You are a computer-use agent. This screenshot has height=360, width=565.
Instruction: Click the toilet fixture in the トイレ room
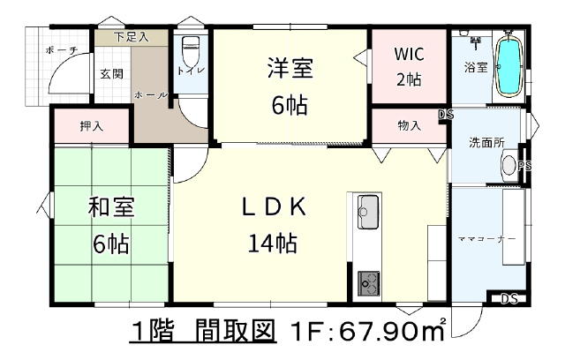click(x=190, y=50)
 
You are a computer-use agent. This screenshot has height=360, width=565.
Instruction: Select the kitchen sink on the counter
click(x=368, y=212)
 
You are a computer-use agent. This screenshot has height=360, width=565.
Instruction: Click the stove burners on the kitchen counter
click(x=368, y=283)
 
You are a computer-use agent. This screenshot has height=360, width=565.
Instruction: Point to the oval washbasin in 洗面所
click(x=508, y=165)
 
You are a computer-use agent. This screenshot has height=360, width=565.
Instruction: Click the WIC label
click(x=409, y=54)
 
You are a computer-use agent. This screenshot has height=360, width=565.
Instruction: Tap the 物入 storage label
click(x=409, y=125)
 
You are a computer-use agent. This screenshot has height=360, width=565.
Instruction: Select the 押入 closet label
click(x=92, y=126)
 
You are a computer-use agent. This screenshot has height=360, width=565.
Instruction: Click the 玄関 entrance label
click(x=112, y=74)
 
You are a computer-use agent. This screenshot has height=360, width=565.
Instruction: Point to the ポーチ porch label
click(x=62, y=50)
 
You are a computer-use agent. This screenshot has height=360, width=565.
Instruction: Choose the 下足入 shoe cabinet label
click(x=132, y=37)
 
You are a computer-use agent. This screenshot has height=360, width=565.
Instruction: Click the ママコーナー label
click(x=486, y=239)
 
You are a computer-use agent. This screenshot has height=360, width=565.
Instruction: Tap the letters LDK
click(x=274, y=207)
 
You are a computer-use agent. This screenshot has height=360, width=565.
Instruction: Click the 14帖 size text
click(x=273, y=243)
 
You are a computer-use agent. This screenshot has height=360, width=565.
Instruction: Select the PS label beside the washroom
click(x=524, y=166)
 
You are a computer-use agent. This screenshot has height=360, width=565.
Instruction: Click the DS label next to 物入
click(x=446, y=115)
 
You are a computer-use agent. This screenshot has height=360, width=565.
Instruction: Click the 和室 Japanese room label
click(x=111, y=207)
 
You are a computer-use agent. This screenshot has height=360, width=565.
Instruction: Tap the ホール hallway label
click(x=151, y=95)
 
